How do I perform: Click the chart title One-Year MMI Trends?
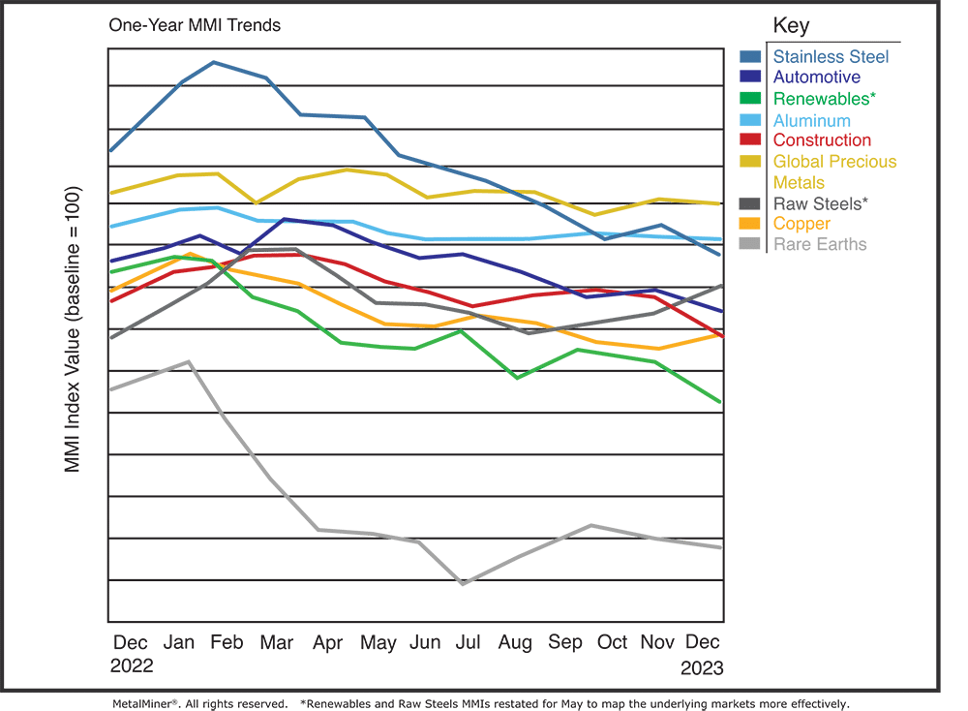pos(195,25)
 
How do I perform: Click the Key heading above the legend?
pos(791,25)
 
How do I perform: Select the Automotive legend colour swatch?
pos(750,77)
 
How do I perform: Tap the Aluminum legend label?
pos(811,120)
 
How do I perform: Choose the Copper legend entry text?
pos(802,224)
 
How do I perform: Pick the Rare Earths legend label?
pos(820,244)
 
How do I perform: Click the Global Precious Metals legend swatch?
pos(750,162)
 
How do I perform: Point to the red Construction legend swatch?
pos(750,141)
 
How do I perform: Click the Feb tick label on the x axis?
pos(227,643)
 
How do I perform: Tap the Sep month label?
pos(565,643)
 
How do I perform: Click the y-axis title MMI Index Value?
pos(73,329)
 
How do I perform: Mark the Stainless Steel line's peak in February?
pos(214,62)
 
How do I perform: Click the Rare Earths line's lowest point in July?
pos(463,584)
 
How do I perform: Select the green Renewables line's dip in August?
pos(519,379)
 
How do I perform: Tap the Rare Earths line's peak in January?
pos(189,361)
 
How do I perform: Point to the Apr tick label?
pos(329,643)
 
